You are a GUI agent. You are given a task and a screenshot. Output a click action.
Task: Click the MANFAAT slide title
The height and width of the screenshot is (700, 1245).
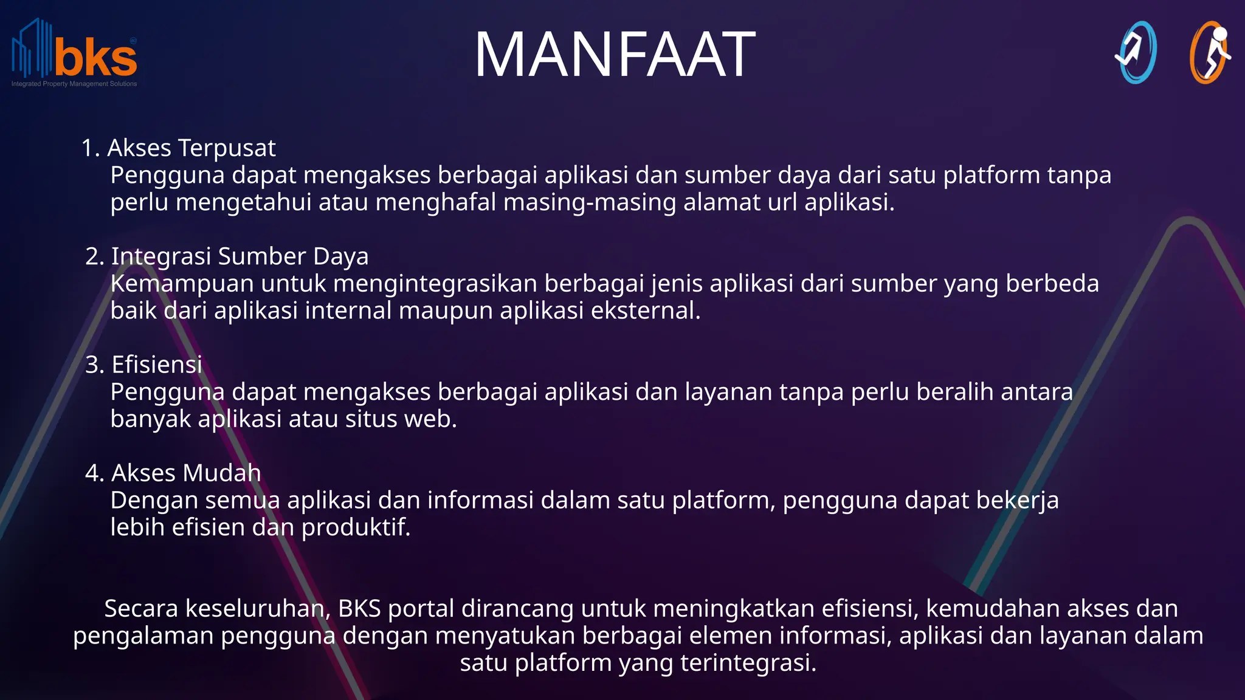click(615, 55)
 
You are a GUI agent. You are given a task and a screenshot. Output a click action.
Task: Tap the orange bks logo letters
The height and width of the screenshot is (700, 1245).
click(96, 58)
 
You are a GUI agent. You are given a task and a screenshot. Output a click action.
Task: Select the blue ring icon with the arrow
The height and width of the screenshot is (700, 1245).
click(1136, 53)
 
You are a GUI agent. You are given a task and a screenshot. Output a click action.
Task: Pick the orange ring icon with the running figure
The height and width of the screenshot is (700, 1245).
click(1209, 53)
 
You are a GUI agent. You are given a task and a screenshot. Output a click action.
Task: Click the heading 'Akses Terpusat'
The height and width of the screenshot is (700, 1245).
click(191, 148)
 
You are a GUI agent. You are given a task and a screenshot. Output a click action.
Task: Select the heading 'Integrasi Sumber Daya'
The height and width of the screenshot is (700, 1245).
click(240, 256)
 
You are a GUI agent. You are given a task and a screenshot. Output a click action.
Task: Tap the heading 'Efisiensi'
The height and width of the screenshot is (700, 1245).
click(157, 365)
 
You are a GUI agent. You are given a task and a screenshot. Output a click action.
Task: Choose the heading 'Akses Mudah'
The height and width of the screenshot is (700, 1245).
click(186, 473)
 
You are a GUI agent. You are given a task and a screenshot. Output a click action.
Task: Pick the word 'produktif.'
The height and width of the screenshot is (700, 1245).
click(356, 527)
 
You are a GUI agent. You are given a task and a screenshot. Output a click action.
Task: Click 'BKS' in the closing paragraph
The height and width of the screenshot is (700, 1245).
click(359, 608)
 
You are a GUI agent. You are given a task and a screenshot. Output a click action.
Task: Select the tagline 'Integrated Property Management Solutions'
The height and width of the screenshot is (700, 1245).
click(74, 84)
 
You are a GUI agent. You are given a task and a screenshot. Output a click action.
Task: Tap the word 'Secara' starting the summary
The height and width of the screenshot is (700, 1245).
click(141, 608)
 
